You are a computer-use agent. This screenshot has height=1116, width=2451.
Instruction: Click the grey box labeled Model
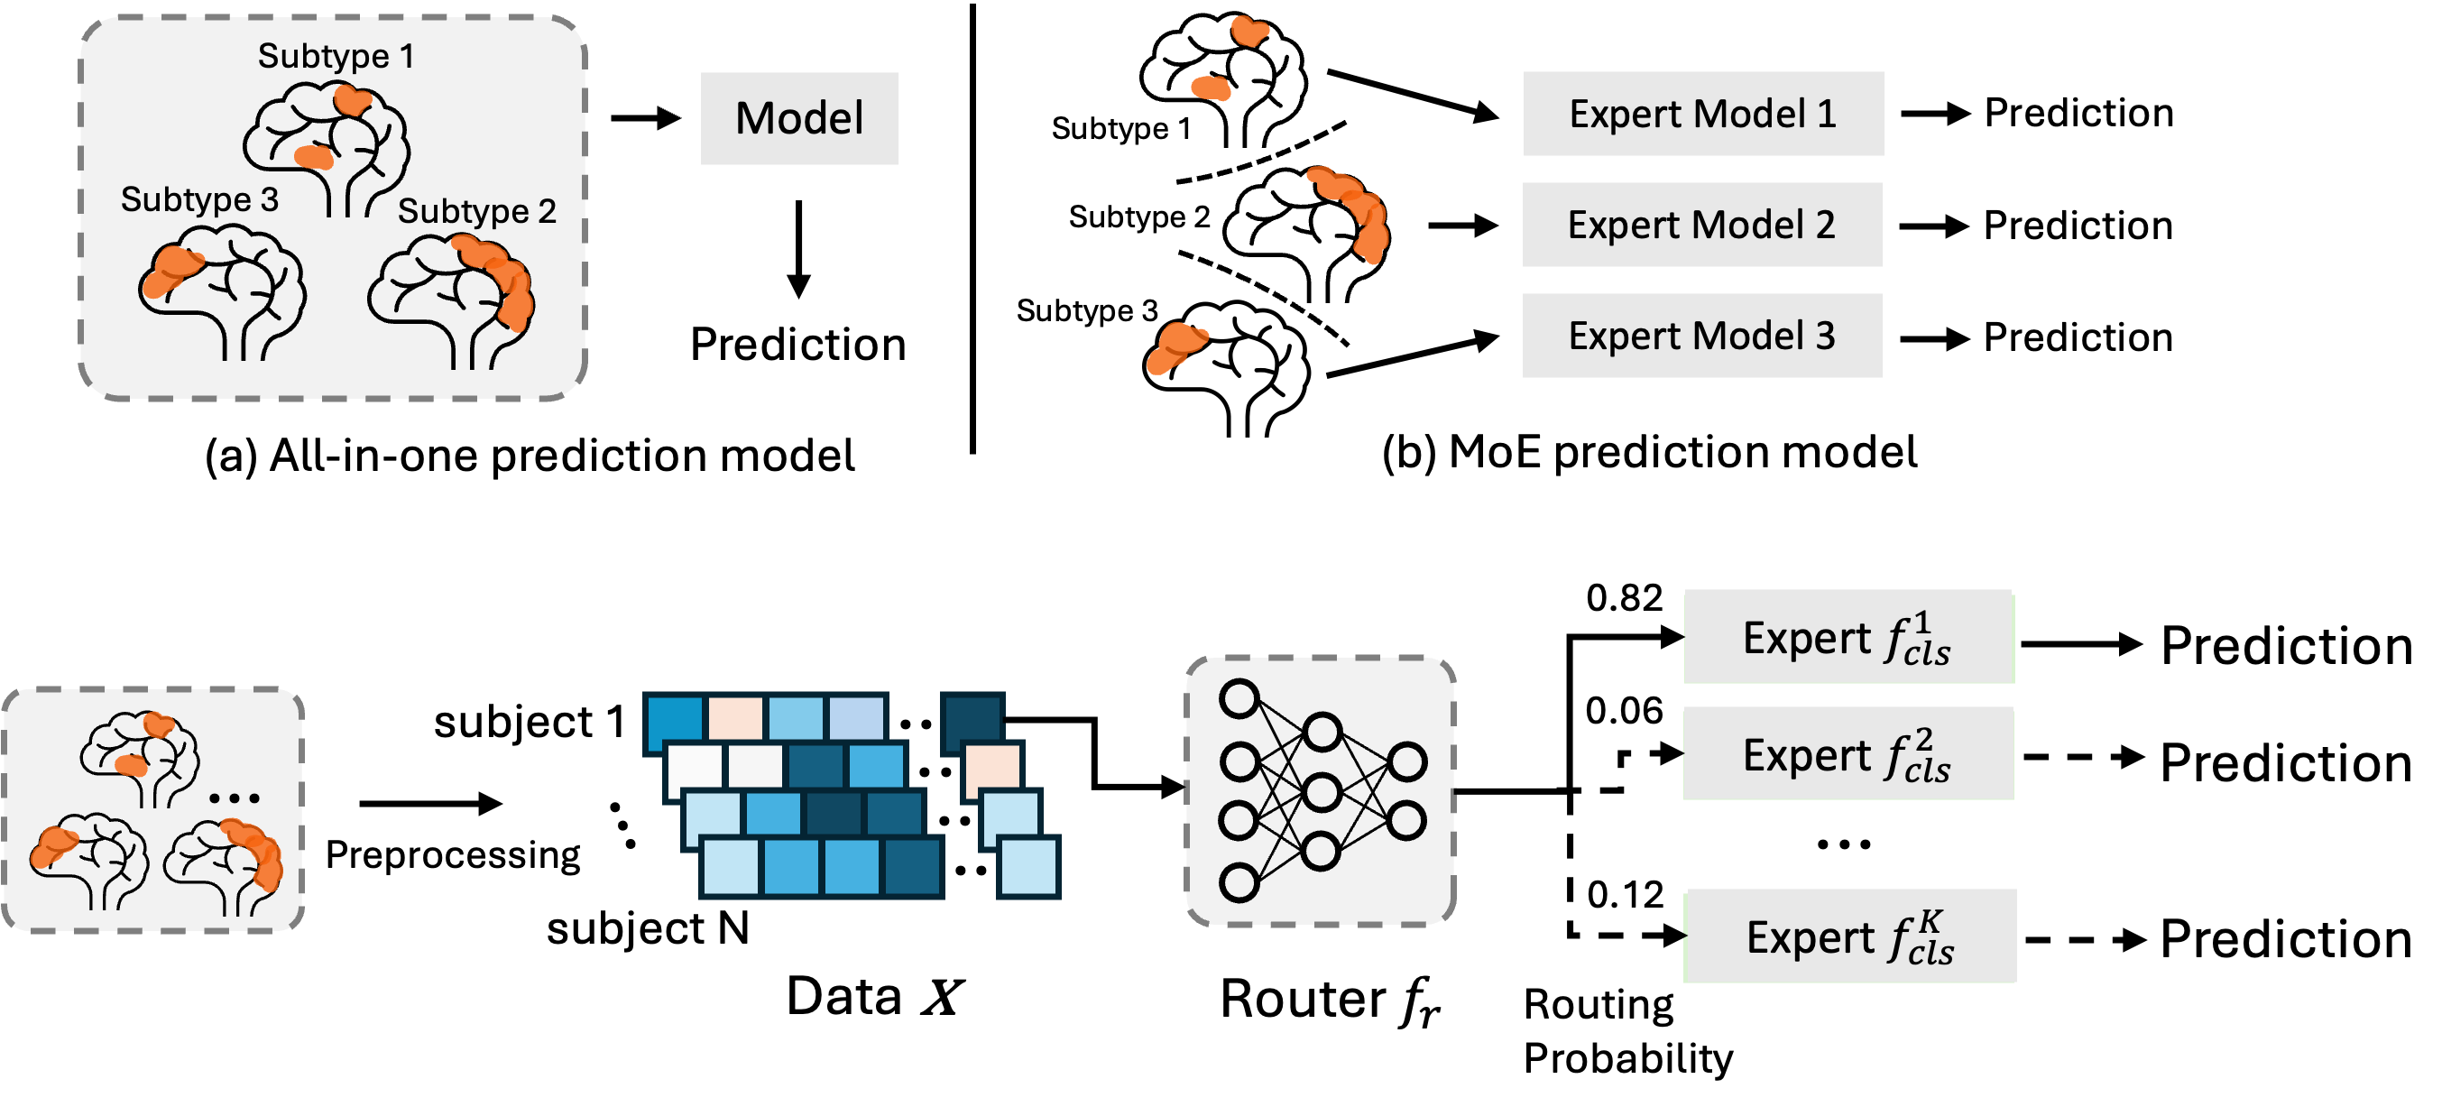pyautogui.click(x=799, y=119)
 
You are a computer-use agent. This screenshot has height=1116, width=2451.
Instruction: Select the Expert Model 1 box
pyautogui.click(x=1703, y=113)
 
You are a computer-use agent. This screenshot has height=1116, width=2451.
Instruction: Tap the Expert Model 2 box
pyautogui.click(x=1702, y=225)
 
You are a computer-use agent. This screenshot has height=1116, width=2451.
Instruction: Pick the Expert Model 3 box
pyautogui.click(x=1702, y=336)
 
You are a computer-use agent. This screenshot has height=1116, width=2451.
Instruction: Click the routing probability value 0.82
pyautogui.click(x=1624, y=597)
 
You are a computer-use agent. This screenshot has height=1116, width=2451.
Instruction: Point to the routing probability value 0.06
pyautogui.click(x=1624, y=711)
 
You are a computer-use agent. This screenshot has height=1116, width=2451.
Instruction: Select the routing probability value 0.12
pyautogui.click(x=1625, y=895)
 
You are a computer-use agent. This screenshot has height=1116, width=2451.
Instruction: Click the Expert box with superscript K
pyautogui.click(x=1850, y=936)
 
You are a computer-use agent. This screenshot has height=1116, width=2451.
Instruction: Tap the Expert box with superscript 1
pyautogui.click(x=1848, y=637)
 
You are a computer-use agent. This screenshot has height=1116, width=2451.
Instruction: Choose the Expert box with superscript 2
pyautogui.click(x=1848, y=753)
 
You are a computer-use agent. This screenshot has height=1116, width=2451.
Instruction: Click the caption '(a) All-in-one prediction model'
pyautogui.click(x=530, y=456)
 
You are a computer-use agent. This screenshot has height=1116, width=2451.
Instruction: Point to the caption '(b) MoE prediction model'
pyautogui.click(x=1650, y=452)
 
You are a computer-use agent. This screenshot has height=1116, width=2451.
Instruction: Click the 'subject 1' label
pyautogui.click(x=530, y=722)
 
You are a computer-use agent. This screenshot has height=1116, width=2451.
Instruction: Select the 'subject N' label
pyautogui.click(x=648, y=928)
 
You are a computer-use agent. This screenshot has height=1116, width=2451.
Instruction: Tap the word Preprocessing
pyautogui.click(x=453, y=855)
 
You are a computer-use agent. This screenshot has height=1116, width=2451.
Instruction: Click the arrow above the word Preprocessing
pyautogui.click(x=431, y=804)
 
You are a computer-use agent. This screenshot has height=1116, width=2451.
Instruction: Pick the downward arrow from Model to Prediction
pyautogui.click(x=799, y=249)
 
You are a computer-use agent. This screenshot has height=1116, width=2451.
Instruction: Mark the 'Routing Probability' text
pyautogui.click(x=1628, y=1031)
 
